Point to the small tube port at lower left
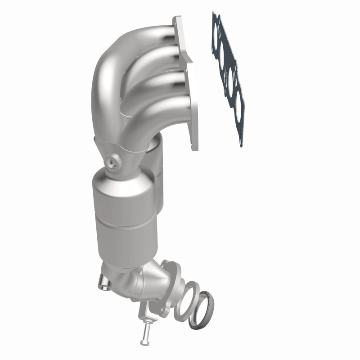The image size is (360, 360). (x=103, y=284)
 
